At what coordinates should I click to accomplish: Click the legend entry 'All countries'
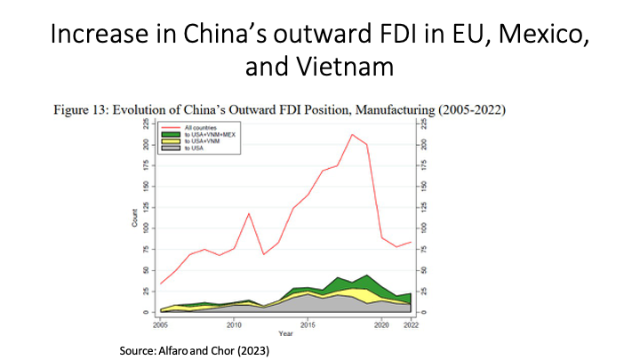199,128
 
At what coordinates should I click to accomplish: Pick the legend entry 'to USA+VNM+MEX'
211,135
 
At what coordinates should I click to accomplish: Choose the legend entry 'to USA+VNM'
202,141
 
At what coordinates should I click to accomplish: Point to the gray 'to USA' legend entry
196,148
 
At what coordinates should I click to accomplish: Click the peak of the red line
353,134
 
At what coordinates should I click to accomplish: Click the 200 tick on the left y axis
145,144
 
